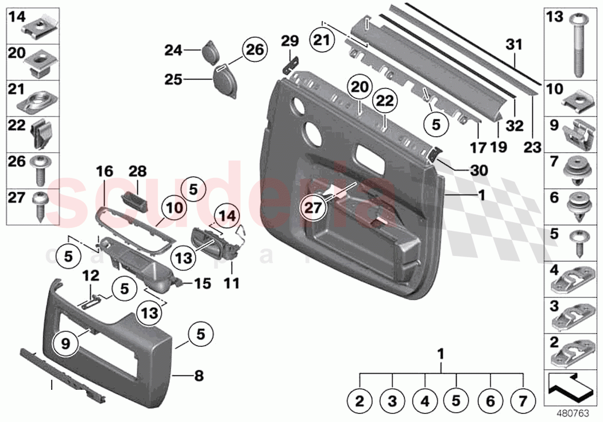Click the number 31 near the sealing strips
(x=515, y=44)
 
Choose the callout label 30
(x=478, y=171)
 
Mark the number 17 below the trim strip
(x=477, y=148)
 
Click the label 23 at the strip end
(x=532, y=148)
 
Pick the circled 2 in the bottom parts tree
(x=360, y=402)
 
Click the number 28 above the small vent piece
(x=139, y=171)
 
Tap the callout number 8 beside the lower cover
(x=199, y=377)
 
